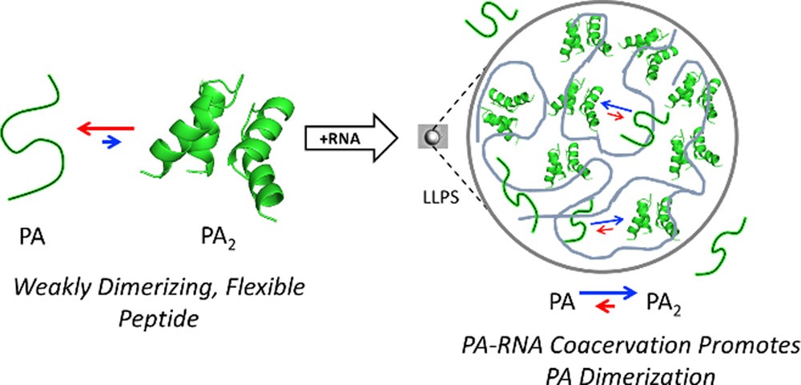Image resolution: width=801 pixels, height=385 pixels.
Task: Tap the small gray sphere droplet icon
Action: pyautogui.click(x=433, y=138)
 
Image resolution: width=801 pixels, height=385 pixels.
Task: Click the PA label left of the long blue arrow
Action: pyautogui.click(x=561, y=302)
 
